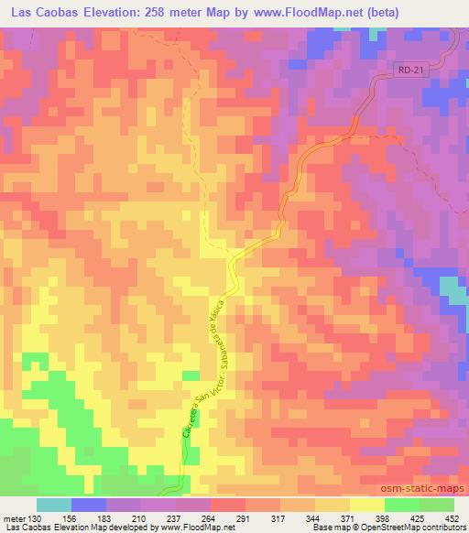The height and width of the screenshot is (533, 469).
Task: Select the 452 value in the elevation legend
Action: point(453,517)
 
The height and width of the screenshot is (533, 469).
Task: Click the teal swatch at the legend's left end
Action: point(55,505)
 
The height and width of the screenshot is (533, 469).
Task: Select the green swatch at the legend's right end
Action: point(436,505)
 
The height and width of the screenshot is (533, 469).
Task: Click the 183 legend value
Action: point(117,517)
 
